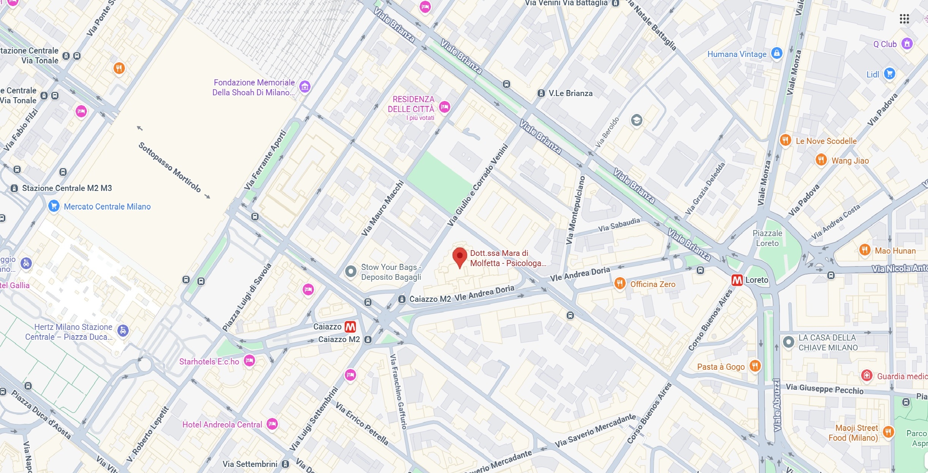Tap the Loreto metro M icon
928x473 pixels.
(737, 280)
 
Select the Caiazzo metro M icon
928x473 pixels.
(350, 326)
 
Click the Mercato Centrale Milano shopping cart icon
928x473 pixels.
(54, 206)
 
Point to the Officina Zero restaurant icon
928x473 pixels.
(620, 283)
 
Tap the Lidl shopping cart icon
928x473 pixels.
(889, 74)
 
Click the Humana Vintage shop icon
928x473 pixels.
(777, 53)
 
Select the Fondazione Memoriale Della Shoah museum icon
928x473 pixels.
(305, 87)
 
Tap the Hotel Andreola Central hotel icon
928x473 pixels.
(272, 424)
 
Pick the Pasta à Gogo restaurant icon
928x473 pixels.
(755, 366)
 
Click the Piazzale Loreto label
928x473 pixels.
(767, 238)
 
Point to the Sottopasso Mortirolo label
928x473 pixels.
(169, 167)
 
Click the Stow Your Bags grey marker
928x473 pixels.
(350, 271)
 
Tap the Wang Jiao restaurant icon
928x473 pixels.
(821, 159)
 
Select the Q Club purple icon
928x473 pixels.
(907, 44)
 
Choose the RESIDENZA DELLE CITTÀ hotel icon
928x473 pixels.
(444, 107)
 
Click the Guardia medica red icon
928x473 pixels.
(866, 375)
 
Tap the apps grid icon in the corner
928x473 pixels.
(904, 19)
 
